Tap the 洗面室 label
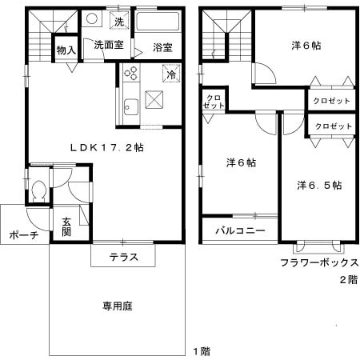coord(108,46)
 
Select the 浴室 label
coord(163,48)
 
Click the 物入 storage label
coord(66,50)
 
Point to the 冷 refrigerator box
coord(172,74)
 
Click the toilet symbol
coord(39,192)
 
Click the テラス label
coord(123,257)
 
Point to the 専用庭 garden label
coord(117,305)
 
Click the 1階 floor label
coord(202,350)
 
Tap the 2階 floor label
coord(348,279)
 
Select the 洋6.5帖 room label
coord(319,185)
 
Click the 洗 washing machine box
coord(118,20)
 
